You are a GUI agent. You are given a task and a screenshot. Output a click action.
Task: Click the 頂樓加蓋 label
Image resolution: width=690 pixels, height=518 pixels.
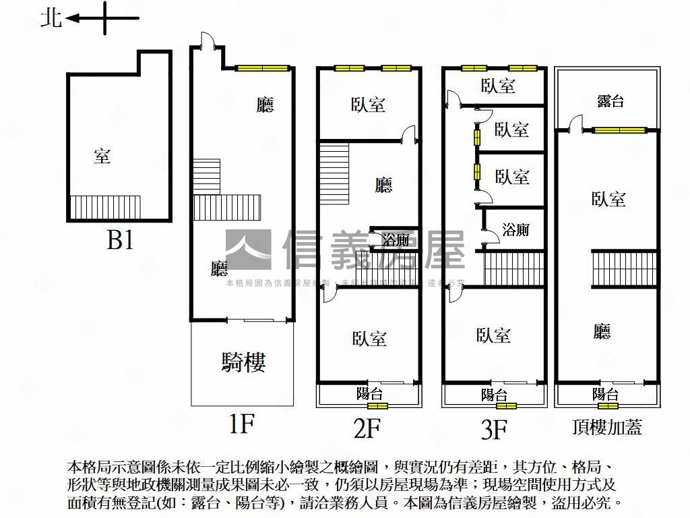(607, 426)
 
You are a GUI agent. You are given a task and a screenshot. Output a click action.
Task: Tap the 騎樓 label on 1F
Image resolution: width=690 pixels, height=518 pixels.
(243, 362)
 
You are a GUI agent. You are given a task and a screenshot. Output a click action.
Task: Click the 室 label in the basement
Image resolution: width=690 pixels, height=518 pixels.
(102, 156)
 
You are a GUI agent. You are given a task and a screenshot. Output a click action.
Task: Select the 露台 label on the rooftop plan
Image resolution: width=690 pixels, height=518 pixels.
(610, 101)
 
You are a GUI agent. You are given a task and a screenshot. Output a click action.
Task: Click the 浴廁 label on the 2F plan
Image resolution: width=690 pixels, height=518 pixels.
(396, 239)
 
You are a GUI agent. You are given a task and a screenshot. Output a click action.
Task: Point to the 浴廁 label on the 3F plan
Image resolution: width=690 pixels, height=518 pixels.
(515, 229)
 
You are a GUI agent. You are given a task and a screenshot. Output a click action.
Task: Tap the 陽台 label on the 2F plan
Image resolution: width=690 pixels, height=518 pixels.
(370, 393)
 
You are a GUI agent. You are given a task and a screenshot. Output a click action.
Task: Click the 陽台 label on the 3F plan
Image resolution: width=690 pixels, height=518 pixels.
(495, 395)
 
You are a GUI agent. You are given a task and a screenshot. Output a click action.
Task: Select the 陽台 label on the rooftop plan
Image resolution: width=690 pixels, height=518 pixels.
(606, 394)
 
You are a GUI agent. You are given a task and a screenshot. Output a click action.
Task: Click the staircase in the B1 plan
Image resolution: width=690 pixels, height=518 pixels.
(105, 205)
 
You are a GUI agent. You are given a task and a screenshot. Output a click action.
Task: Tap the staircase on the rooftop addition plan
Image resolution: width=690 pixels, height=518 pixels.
(623, 268)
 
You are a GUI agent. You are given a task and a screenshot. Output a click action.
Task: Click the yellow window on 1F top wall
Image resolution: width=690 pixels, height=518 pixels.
(262, 68)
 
